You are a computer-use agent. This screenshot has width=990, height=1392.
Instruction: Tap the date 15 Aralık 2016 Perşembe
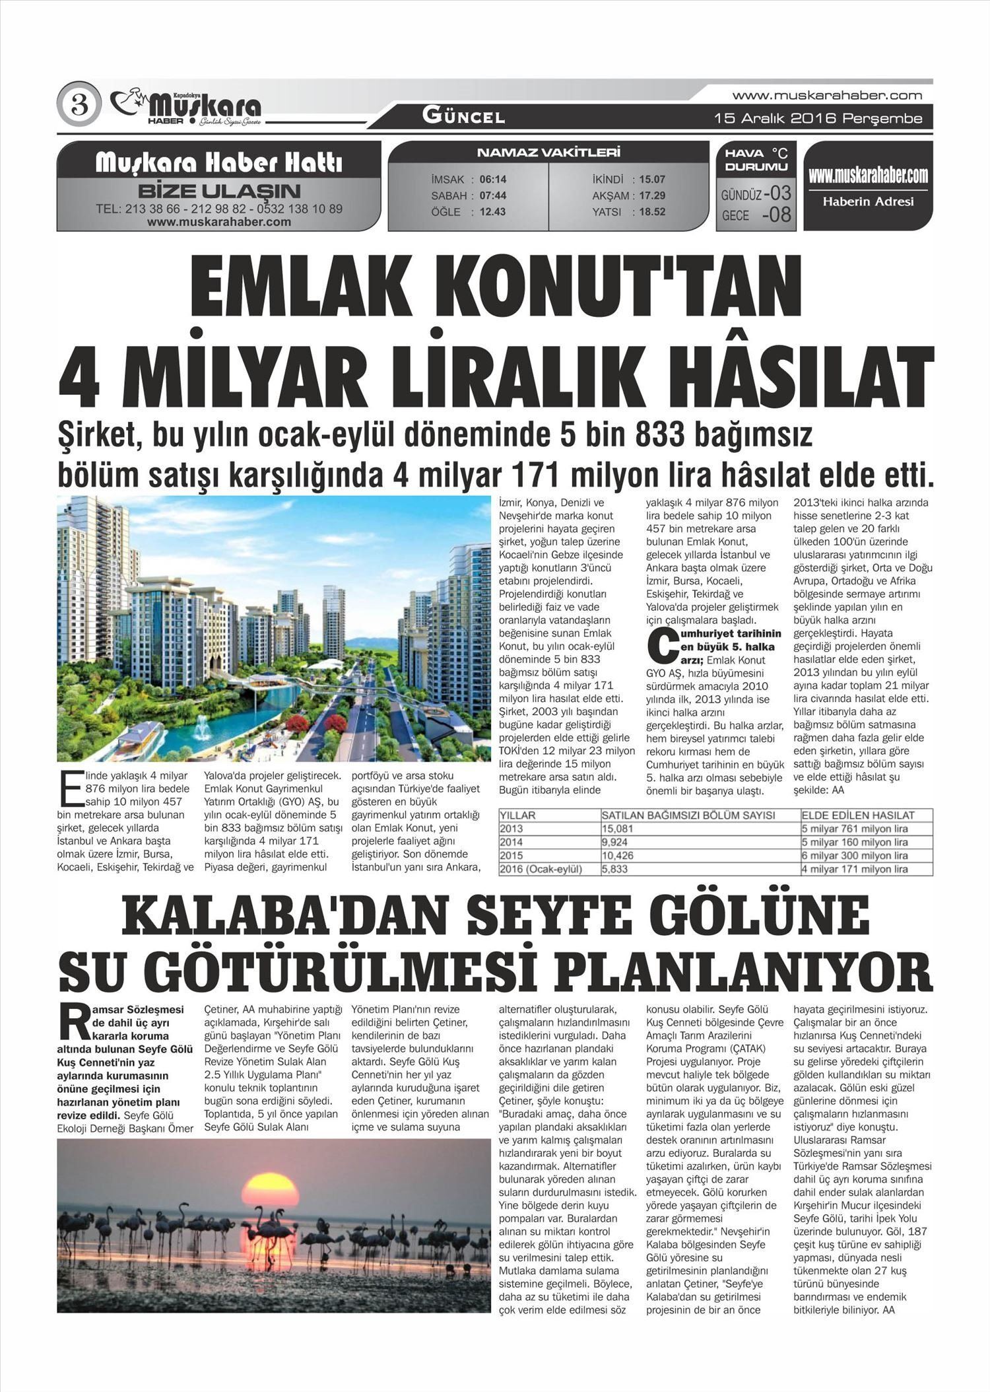click(x=818, y=119)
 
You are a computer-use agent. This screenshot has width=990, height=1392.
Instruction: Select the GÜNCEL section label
click(x=463, y=117)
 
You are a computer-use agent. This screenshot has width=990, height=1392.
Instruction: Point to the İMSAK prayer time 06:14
click(x=493, y=180)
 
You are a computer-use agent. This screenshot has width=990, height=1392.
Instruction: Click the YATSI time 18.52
click(x=651, y=212)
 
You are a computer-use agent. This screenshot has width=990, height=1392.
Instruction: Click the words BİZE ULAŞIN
click(x=219, y=191)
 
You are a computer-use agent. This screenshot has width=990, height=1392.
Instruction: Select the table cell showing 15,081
click(x=618, y=829)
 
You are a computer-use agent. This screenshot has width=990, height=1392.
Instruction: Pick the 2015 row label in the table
click(x=511, y=856)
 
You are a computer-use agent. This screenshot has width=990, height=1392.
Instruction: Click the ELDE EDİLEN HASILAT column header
click(x=858, y=816)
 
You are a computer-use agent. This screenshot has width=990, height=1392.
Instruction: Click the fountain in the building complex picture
click(x=202, y=726)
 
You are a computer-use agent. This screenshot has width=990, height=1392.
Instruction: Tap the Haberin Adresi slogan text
click(x=868, y=202)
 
